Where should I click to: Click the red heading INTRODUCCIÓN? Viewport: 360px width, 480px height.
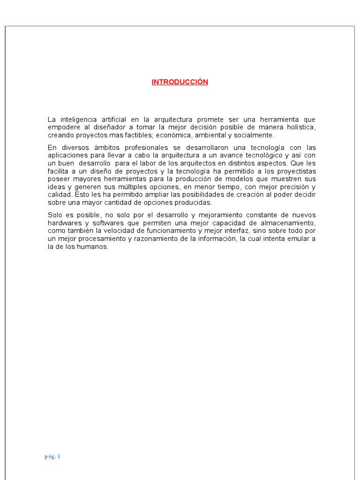pos(180,82)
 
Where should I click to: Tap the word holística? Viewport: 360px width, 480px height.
pos(300,127)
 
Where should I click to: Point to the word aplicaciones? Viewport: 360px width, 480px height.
pos(66,155)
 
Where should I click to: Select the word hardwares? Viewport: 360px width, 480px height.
pos(63,223)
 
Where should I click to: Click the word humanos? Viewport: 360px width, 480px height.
pos(95,247)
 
